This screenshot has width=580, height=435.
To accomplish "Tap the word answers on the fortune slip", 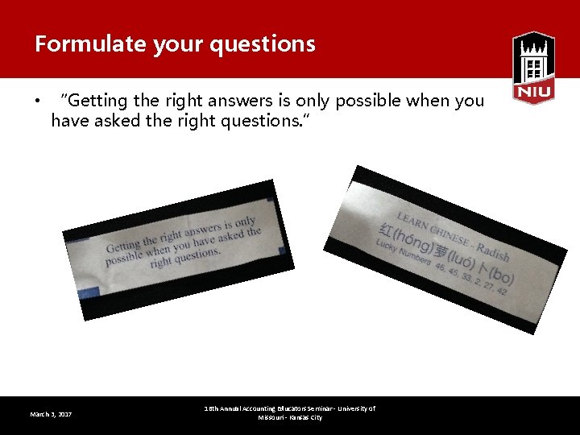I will point(202,229).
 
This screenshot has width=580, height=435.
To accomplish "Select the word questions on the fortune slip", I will point(196,256).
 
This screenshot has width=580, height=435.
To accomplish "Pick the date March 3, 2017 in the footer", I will point(51,414).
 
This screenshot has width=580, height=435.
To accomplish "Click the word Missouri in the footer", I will point(271,418).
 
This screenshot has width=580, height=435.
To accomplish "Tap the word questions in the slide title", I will point(263,43).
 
